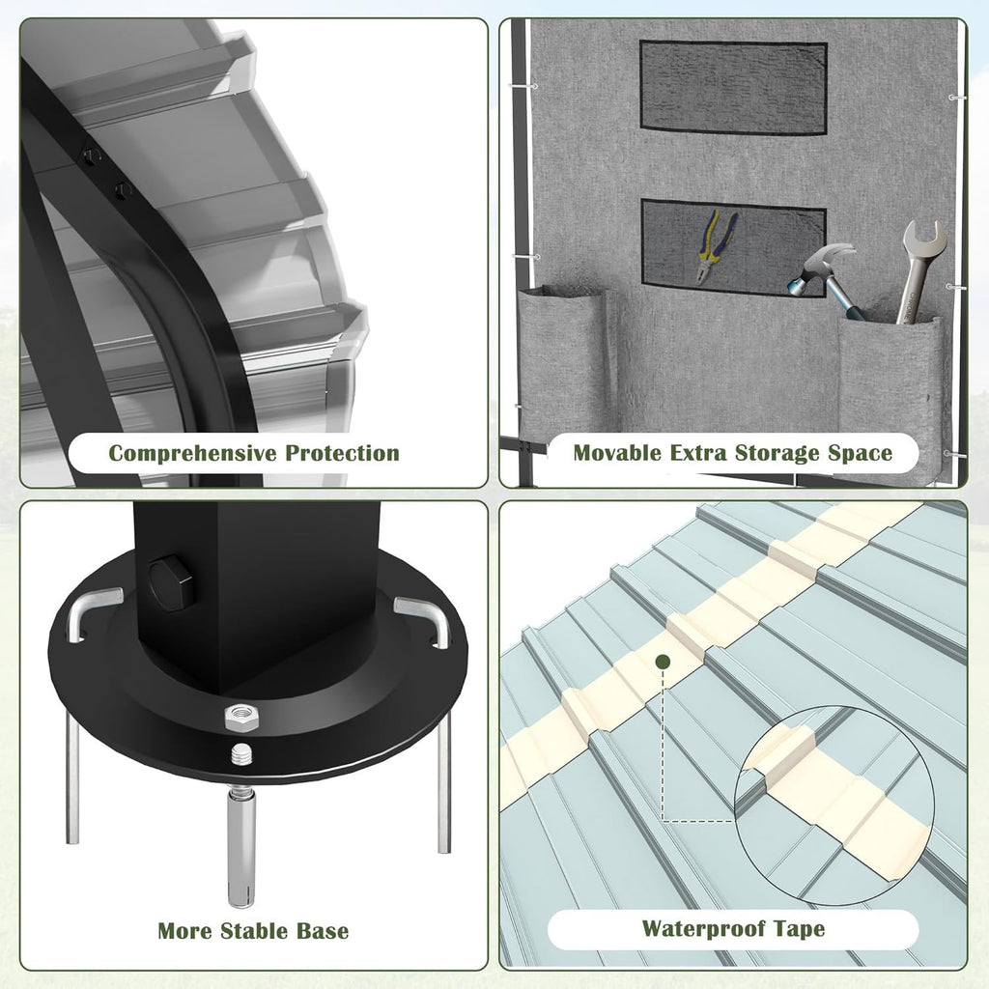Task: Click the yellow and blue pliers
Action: (716, 247)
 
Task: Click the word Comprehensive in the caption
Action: (192, 454)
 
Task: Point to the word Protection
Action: (343, 453)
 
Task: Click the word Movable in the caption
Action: (617, 453)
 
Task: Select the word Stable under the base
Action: (264, 931)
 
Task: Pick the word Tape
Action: (799, 929)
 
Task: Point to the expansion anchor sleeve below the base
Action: (240, 846)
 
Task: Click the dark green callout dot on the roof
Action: (663, 662)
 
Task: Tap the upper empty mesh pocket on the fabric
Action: (733, 86)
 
